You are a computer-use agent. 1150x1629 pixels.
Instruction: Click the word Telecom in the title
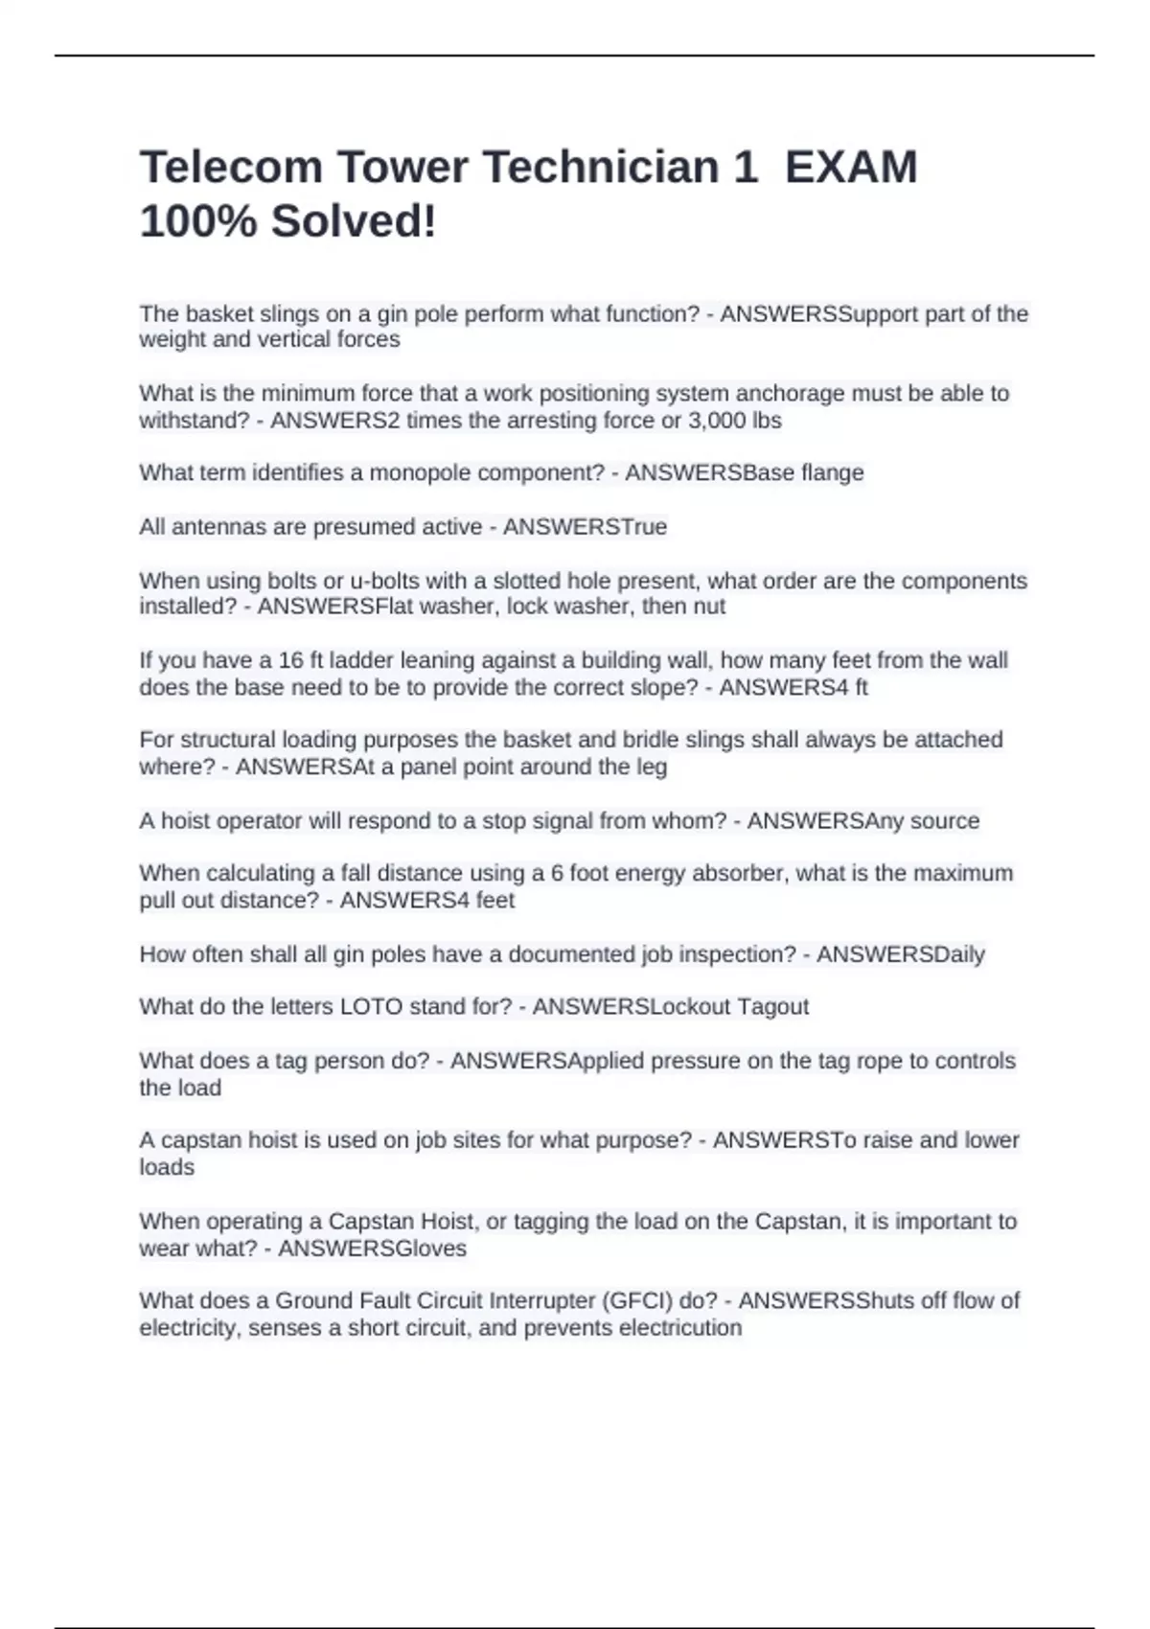coord(231,167)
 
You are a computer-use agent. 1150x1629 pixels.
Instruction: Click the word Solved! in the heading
coord(354,221)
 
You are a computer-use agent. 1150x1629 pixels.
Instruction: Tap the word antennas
coord(210,527)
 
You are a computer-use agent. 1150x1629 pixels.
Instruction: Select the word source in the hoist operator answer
coord(945,821)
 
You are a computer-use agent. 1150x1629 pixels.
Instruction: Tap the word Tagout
coord(772,1007)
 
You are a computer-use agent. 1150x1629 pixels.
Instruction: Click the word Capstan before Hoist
coord(369,1222)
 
